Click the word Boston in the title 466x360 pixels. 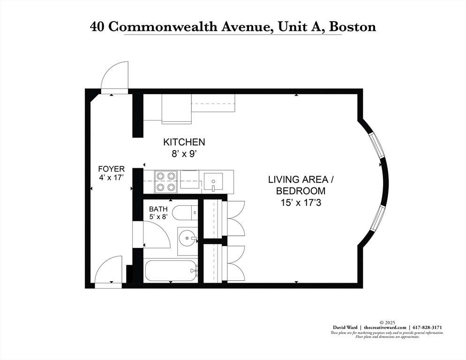tap(352, 26)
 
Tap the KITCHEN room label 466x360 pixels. tap(184, 142)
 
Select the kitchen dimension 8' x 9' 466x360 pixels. tap(184, 152)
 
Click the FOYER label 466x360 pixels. tap(111, 169)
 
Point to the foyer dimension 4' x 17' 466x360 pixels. tap(111, 178)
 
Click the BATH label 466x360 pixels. tap(158, 209)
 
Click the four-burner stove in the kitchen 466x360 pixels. tap(166, 182)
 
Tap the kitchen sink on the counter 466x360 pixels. tap(213, 181)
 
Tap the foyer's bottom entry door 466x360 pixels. tap(109, 270)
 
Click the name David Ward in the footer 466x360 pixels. tap(346, 327)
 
